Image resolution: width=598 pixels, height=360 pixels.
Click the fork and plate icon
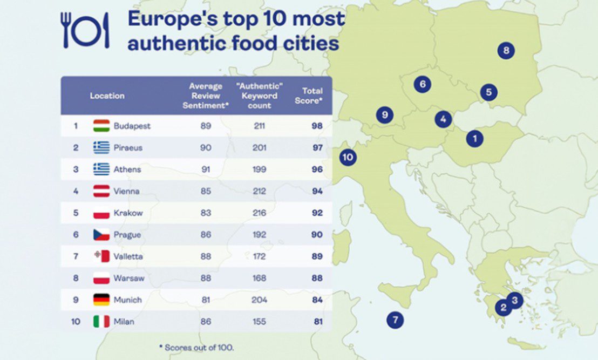[x=85, y=30]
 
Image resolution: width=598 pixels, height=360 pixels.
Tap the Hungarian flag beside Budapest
[x=101, y=126]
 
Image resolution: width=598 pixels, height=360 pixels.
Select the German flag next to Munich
[x=101, y=300]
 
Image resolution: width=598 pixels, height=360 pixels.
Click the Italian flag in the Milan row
[x=101, y=322]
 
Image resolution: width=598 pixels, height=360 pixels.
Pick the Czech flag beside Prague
[x=101, y=235]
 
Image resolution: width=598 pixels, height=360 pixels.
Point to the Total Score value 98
[x=317, y=126]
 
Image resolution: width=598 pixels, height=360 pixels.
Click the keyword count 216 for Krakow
[x=260, y=213]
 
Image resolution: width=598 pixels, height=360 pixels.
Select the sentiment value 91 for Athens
[x=206, y=169]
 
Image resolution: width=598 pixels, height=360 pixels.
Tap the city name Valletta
[x=128, y=256]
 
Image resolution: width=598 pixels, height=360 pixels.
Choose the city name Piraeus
[x=128, y=147]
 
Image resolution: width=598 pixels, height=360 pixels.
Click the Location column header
[x=107, y=96]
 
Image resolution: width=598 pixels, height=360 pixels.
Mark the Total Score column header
[x=309, y=96]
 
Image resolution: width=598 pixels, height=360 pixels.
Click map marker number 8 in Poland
[x=506, y=51]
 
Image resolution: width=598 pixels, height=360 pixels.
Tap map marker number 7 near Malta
[x=395, y=320]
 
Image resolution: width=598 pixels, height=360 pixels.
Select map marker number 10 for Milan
[x=348, y=158]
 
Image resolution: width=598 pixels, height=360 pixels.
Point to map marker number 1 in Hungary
[x=475, y=139]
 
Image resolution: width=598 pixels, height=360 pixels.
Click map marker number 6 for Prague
[x=423, y=84]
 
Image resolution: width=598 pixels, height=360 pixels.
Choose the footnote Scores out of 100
[x=196, y=348]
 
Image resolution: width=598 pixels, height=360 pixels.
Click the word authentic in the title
[x=165, y=43]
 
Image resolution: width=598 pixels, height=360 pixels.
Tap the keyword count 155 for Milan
[x=260, y=322]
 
